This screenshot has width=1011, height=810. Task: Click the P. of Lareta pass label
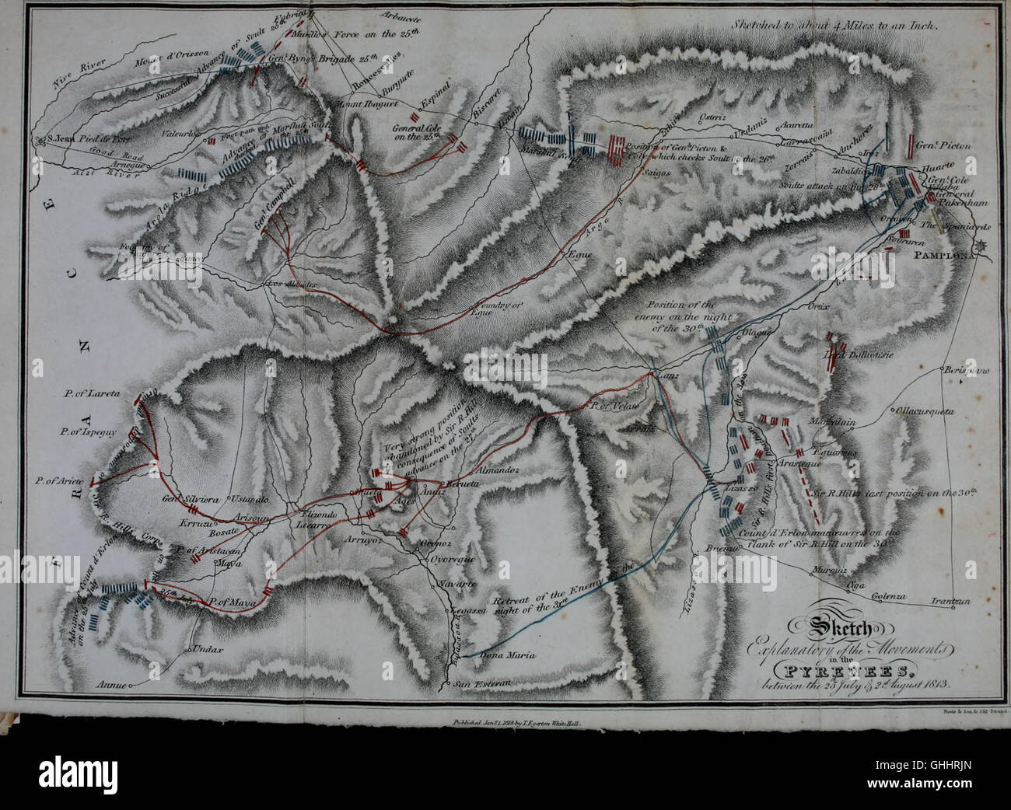pyautogui.click(x=92, y=394)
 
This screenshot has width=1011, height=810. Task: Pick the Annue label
pyautogui.click(x=110, y=686)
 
